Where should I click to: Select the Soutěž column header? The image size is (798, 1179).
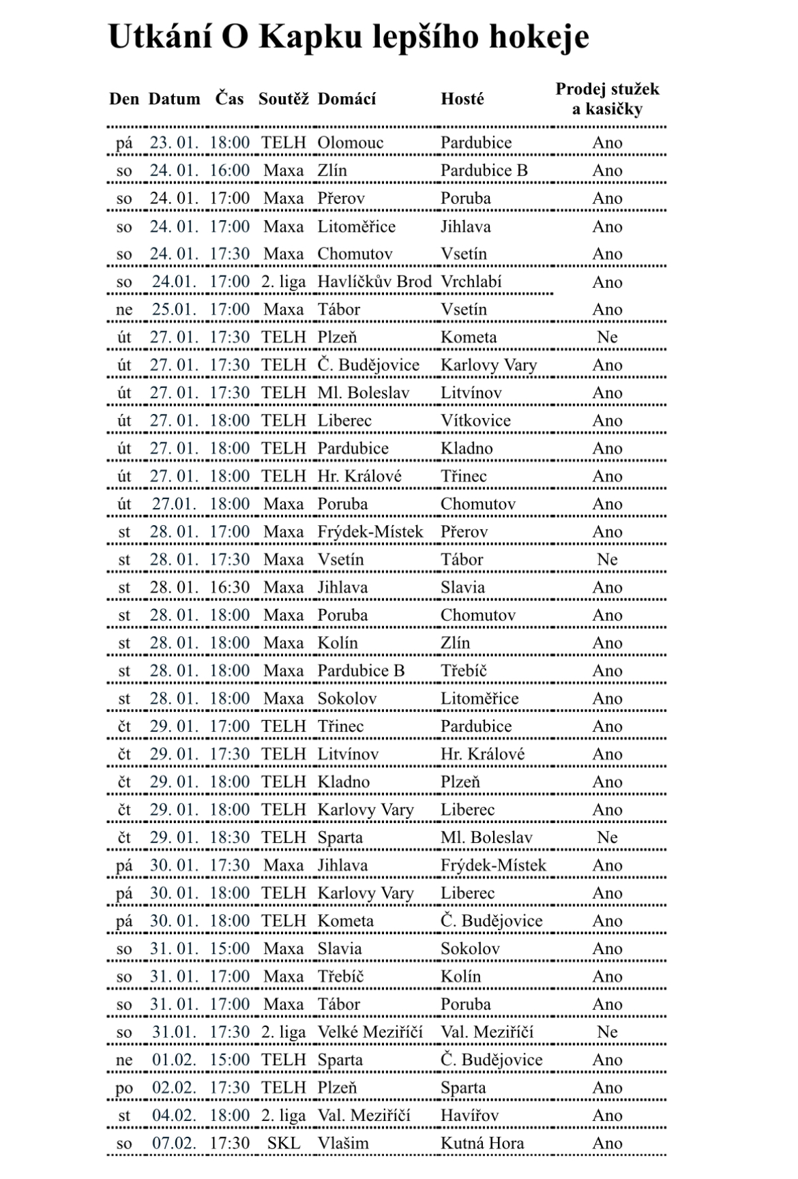283,99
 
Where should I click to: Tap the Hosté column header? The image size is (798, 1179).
462,99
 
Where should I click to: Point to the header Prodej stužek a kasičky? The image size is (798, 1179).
607,99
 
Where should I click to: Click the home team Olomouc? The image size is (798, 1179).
350,143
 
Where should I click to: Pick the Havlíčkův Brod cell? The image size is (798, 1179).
374,282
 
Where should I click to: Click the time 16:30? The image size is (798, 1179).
229,587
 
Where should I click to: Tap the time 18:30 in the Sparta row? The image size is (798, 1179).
229,837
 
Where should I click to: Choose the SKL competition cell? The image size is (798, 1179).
283,1143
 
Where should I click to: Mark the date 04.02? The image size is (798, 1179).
174,1115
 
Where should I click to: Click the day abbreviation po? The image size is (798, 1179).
124,1088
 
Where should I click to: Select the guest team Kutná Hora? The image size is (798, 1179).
482,1143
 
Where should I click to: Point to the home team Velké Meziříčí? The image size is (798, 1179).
370,1032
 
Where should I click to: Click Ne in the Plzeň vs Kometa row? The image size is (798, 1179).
607,337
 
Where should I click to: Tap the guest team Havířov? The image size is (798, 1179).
469,1115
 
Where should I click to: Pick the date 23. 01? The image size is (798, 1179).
174,143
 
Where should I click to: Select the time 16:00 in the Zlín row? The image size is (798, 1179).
229,170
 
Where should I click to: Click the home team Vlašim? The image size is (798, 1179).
342,1143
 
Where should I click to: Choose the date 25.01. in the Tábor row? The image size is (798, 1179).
174,310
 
